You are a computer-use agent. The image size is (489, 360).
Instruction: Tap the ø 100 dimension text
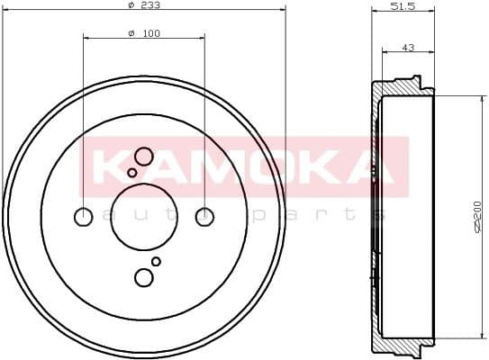(143, 33)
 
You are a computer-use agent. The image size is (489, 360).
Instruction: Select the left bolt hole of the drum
(83, 216)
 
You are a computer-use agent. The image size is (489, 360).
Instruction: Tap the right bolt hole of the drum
(205, 216)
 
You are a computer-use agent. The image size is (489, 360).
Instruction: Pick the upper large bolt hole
(144, 156)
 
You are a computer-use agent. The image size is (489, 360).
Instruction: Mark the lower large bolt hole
(144, 277)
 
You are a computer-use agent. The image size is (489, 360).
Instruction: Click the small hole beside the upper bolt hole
(132, 172)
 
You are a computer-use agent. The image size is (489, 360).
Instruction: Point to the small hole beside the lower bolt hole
(156, 261)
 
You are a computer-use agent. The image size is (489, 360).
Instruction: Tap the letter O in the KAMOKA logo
(264, 167)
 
